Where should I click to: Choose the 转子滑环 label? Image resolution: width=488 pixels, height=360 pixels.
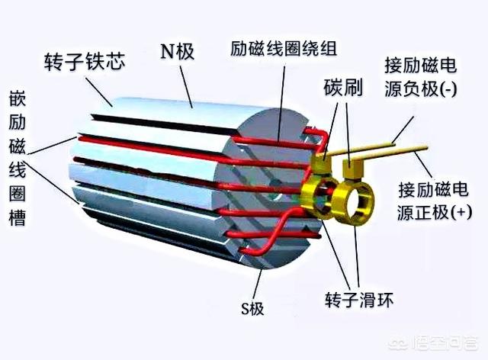click(x=358, y=300)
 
